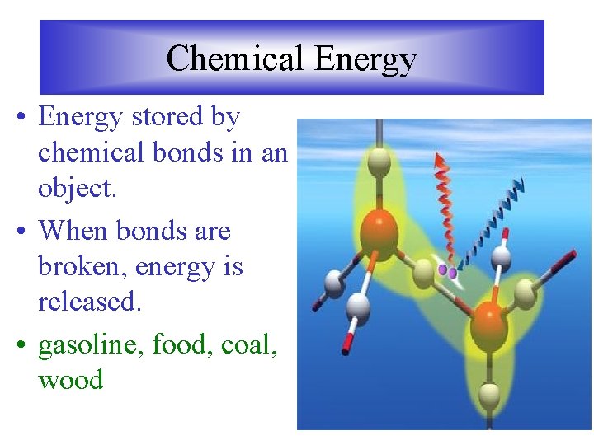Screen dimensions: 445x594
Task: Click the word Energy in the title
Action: tap(365, 60)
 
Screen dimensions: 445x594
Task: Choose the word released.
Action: tap(90, 302)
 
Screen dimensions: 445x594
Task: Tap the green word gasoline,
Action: tap(92, 344)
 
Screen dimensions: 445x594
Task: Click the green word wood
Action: tap(71, 380)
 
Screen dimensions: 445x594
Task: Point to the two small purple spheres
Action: tap(448, 271)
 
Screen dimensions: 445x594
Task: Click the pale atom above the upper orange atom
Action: tap(379, 162)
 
